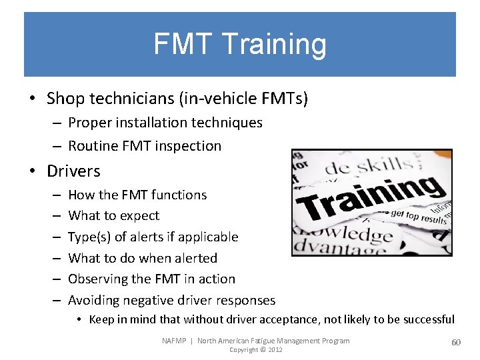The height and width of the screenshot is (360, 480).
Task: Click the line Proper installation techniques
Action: [165, 123]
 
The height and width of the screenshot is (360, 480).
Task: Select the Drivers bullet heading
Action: [73, 171]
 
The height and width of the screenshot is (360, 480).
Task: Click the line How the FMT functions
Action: [137, 195]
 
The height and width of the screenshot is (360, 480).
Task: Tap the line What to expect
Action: [114, 215]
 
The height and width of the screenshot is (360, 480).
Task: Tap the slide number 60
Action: [456, 342]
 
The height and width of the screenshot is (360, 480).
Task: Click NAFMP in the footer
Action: [175, 341]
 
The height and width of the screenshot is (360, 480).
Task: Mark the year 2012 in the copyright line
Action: [275, 350]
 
